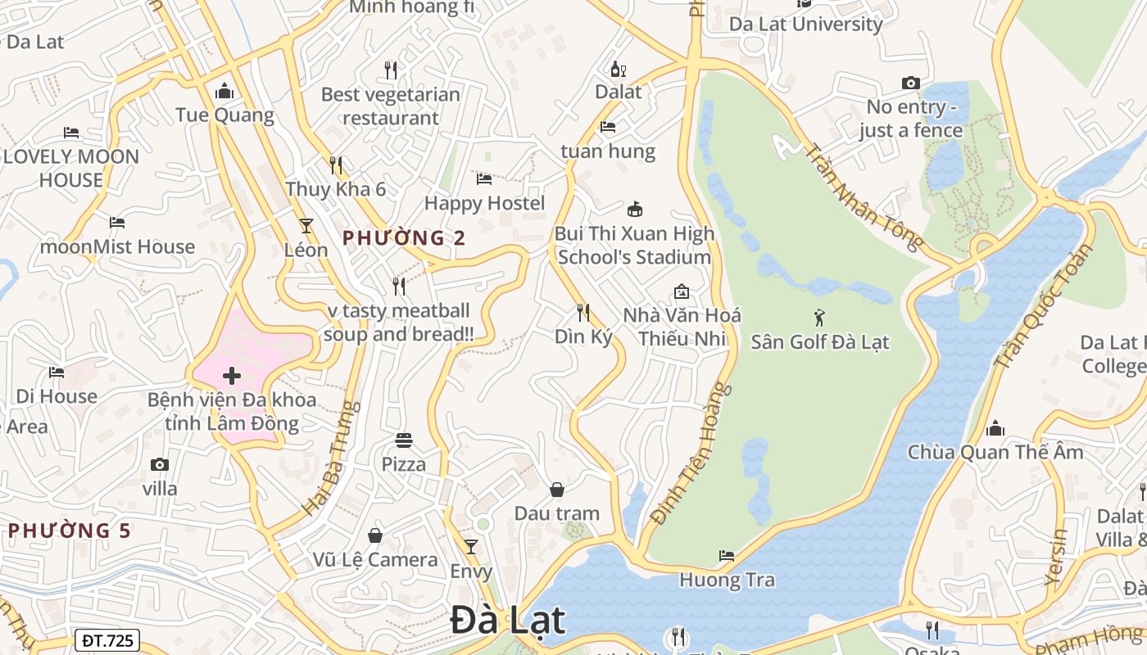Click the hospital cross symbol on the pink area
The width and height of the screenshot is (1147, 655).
(x=232, y=376)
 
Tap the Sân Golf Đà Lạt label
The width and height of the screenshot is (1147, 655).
(x=820, y=341)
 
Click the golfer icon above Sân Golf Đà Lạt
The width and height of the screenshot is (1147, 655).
(x=819, y=318)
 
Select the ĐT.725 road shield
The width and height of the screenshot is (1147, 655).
(x=107, y=640)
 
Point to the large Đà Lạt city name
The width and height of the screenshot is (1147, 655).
(x=508, y=621)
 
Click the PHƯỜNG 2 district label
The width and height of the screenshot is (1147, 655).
(x=404, y=238)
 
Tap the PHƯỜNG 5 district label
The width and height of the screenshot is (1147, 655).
(x=69, y=531)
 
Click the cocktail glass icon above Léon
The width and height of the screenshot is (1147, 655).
(x=306, y=225)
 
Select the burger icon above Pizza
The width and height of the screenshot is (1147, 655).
(x=403, y=440)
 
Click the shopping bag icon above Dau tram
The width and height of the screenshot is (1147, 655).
(x=557, y=490)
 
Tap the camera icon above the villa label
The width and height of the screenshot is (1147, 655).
(x=160, y=465)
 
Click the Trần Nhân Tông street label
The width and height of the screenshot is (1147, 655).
(x=864, y=196)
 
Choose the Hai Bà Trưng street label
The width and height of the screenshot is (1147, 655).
(x=331, y=458)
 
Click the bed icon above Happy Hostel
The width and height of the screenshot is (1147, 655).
(x=484, y=179)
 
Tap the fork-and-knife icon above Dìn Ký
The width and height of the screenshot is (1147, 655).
(x=583, y=312)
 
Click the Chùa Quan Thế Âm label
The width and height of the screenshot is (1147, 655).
(x=995, y=452)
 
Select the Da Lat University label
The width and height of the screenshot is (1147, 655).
(x=806, y=24)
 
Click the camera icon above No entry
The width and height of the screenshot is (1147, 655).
(x=910, y=83)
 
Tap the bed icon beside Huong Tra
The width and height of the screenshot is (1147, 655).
(x=727, y=556)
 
